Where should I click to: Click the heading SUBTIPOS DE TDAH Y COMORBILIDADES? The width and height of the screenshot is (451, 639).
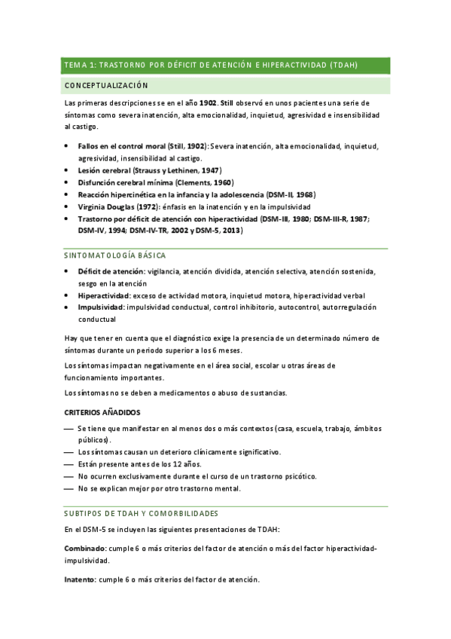[x=142, y=513]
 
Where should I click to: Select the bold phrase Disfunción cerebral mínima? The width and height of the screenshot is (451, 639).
[x=126, y=182]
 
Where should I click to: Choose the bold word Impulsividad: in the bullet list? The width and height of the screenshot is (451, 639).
[x=101, y=307]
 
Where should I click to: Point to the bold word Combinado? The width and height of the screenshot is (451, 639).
[x=84, y=549]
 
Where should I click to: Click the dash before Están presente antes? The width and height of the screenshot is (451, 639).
[x=69, y=464]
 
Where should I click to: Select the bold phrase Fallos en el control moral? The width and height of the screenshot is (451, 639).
[x=129, y=145]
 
